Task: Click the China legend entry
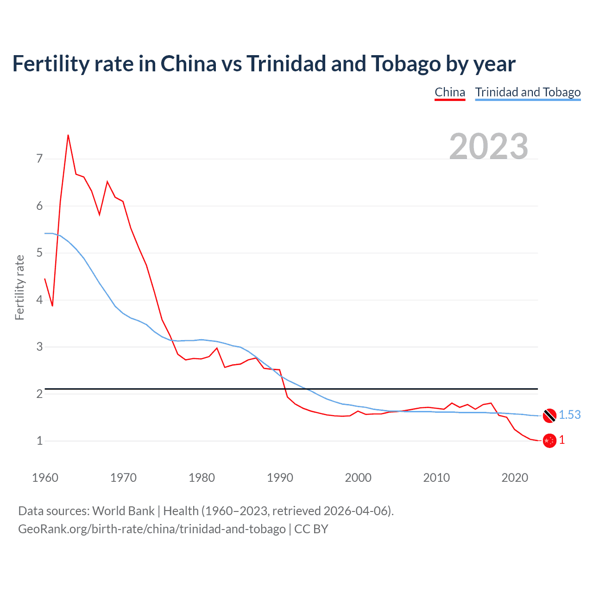(449, 92)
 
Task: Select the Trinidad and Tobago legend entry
(528, 92)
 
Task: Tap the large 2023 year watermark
(488, 146)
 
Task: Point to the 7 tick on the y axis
(39, 159)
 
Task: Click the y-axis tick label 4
(39, 300)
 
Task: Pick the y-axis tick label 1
(39, 441)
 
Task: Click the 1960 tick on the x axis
(45, 478)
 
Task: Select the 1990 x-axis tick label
(280, 478)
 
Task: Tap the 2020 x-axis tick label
(515, 478)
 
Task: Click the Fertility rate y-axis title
(19, 287)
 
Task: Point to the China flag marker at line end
(549, 441)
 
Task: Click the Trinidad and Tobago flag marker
(549, 416)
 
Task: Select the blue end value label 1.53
(569, 415)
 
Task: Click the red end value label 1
(562, 440)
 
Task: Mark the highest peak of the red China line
(68, 135)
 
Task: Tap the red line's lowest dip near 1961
(52, 306)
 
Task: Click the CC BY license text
(311, 529)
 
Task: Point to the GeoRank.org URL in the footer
(151, 529)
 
